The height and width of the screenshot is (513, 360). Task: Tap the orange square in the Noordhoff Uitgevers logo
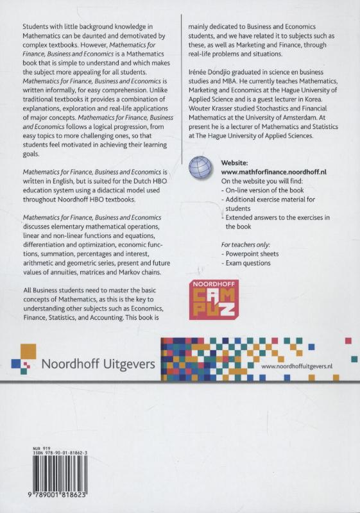point(26,351)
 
